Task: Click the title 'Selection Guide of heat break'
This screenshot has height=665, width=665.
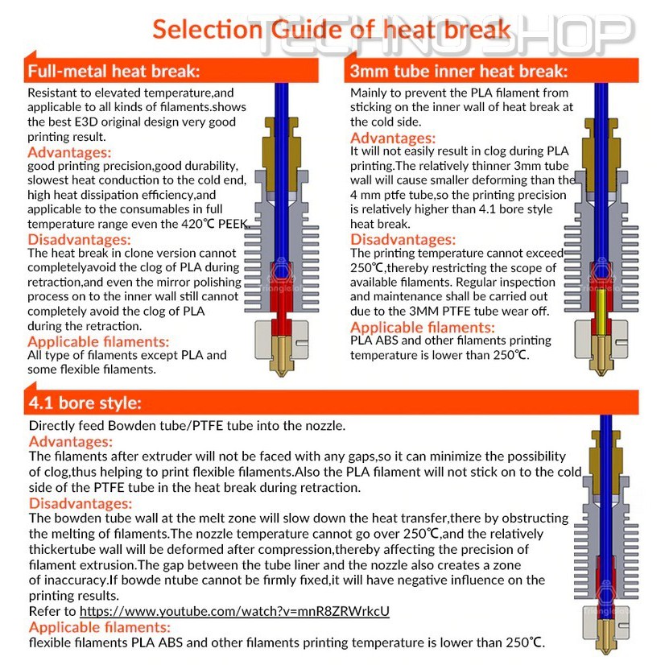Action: point(331,30)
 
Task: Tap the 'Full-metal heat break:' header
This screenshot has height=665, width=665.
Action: point(114,72)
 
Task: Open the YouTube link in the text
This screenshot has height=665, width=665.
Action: point(234,611)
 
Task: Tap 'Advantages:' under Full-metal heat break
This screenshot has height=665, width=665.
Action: point(70,152)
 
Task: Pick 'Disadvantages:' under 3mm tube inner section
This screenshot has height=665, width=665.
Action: point(403,239)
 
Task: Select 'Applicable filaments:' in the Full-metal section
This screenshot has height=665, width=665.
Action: point(98,341)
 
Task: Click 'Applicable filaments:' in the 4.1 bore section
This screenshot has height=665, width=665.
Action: point(100,627)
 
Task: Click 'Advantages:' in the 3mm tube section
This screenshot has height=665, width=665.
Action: point(393,138)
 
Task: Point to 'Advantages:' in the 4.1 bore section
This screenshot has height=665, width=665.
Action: point(71,442)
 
